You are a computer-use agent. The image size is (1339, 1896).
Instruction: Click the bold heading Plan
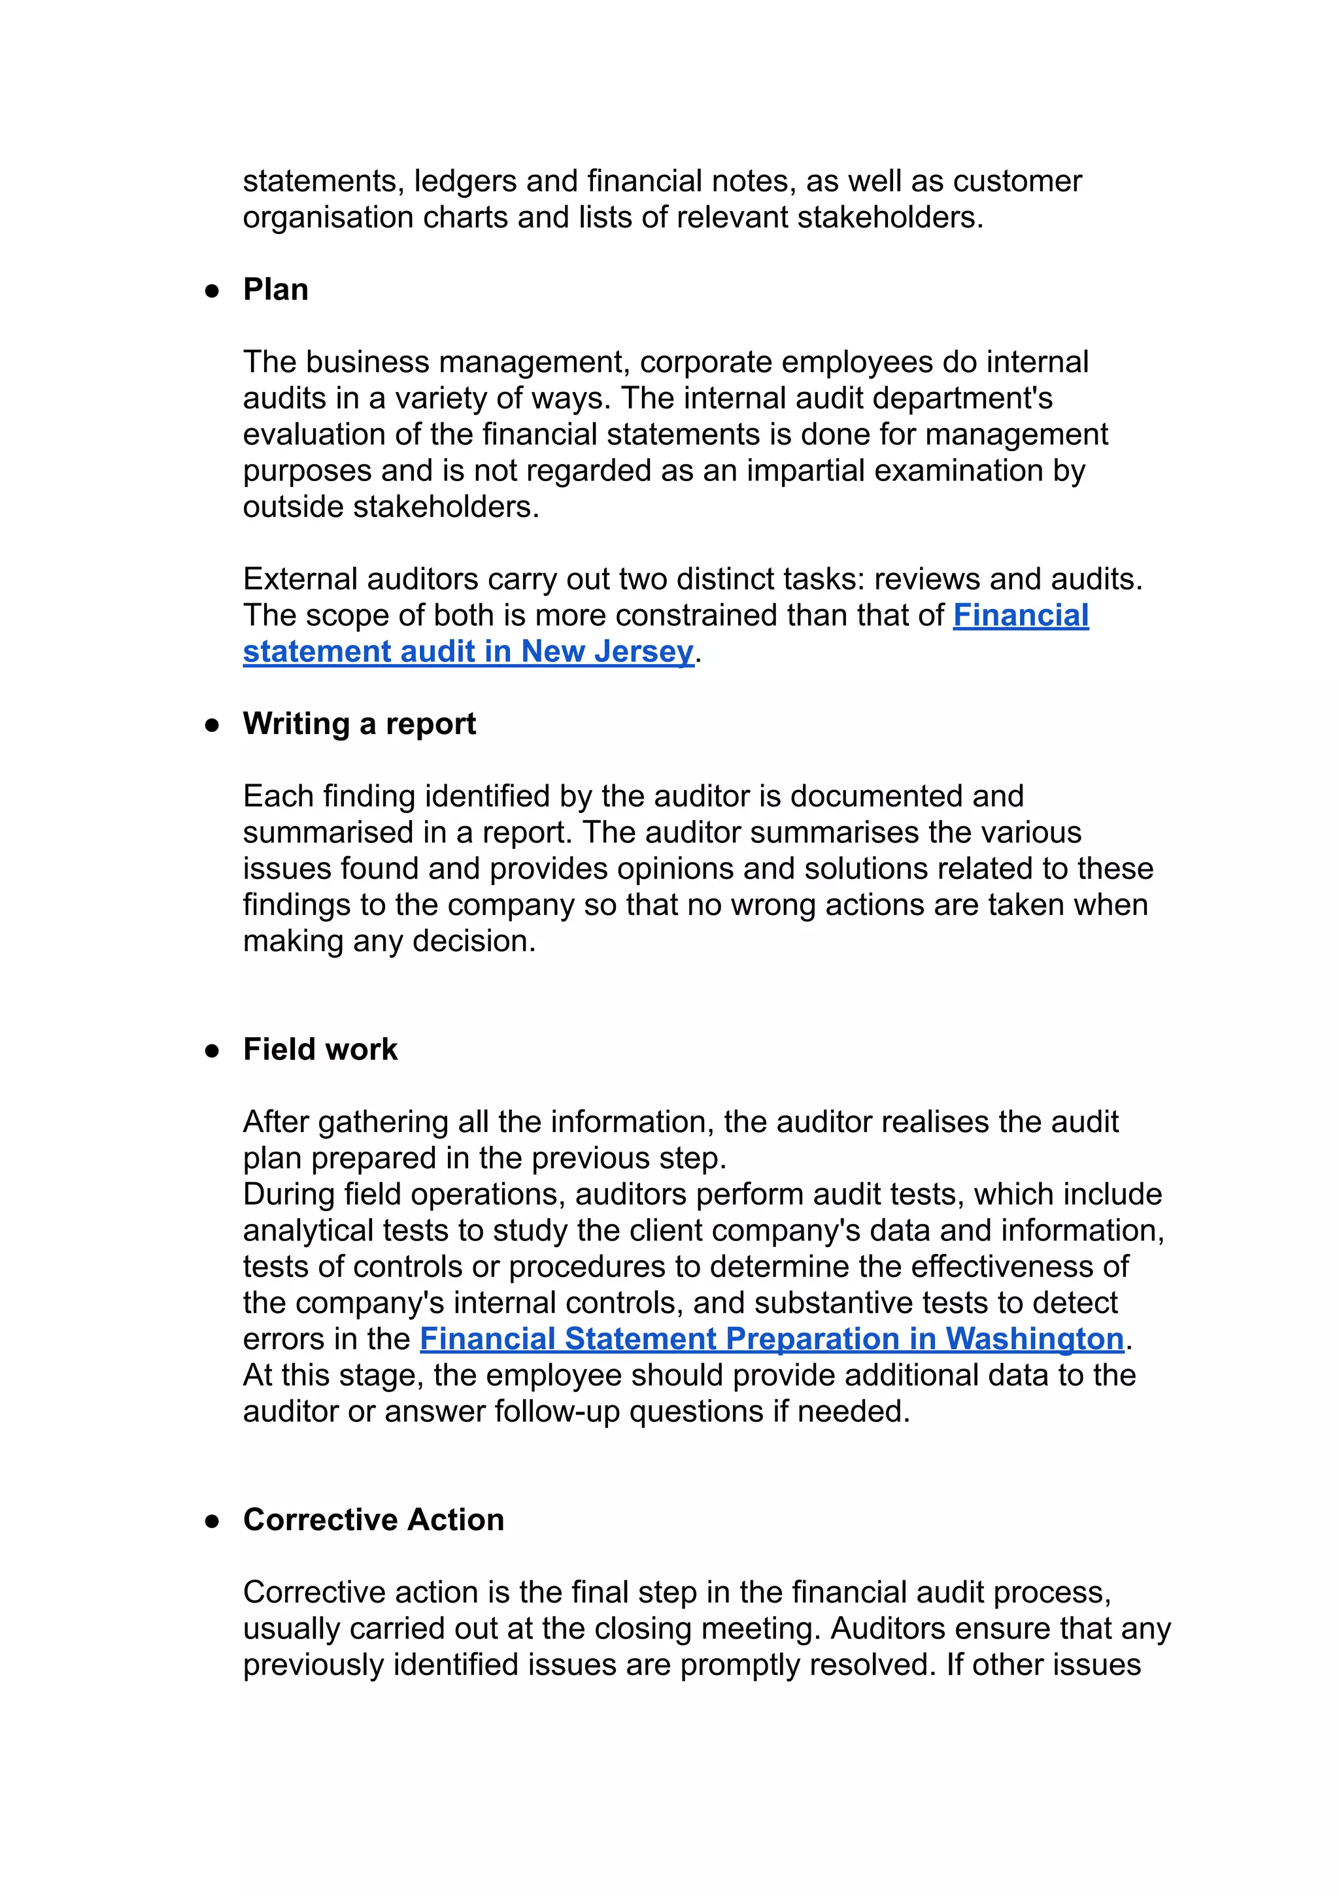[275, 290]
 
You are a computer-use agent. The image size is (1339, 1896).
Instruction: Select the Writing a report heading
[360, 723]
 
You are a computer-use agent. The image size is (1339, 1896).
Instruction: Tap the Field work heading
[320, 1049]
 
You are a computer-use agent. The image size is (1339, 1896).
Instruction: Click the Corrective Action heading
[373, 1520]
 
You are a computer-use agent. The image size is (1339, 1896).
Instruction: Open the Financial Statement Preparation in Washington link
[771, 1339]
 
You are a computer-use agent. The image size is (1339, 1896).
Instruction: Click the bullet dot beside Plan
[212, 291]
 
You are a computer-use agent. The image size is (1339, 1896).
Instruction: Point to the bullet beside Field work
[212, 1050]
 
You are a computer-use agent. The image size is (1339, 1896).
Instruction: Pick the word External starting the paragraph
[301, 580]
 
